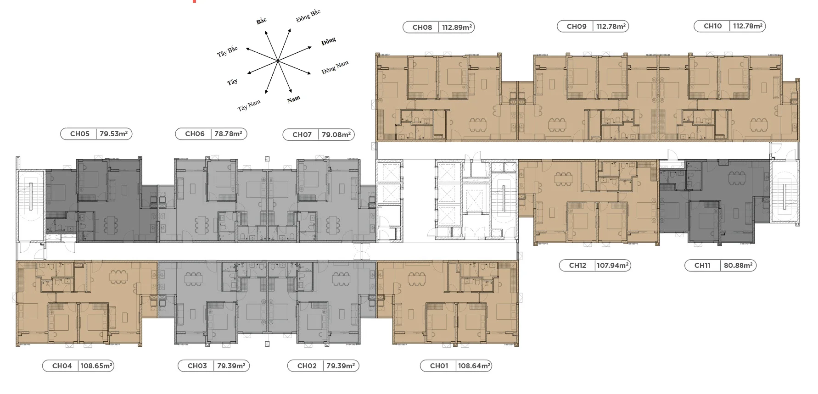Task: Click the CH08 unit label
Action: click(x=422, y=28)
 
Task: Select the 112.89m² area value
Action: click(x=457, y=28)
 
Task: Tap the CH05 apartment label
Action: click(x=79, y=134)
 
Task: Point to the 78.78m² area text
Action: click(x=228, y=134)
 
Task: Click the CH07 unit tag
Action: click(x=302, y=135)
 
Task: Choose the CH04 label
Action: click(x=62, y=366)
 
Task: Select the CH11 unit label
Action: click(x=702, y=266)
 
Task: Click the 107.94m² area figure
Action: click(x=612, y=266)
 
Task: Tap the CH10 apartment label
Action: click(x=712, y=26)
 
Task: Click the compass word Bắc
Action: click(x=261, y=21)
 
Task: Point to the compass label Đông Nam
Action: click(x=335, y=67)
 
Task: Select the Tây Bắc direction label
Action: click(x=227, y=51)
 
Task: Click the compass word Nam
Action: click(x=294, y=99)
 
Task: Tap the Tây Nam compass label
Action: click(x=249, y=105)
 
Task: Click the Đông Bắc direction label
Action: click(x=308, y=15)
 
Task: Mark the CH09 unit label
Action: click(x=577, y=27)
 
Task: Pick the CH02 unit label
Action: click(x=307, y=366)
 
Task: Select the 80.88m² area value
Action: click(x=738, y=266)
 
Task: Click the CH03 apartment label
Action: click(x=197, y=366)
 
